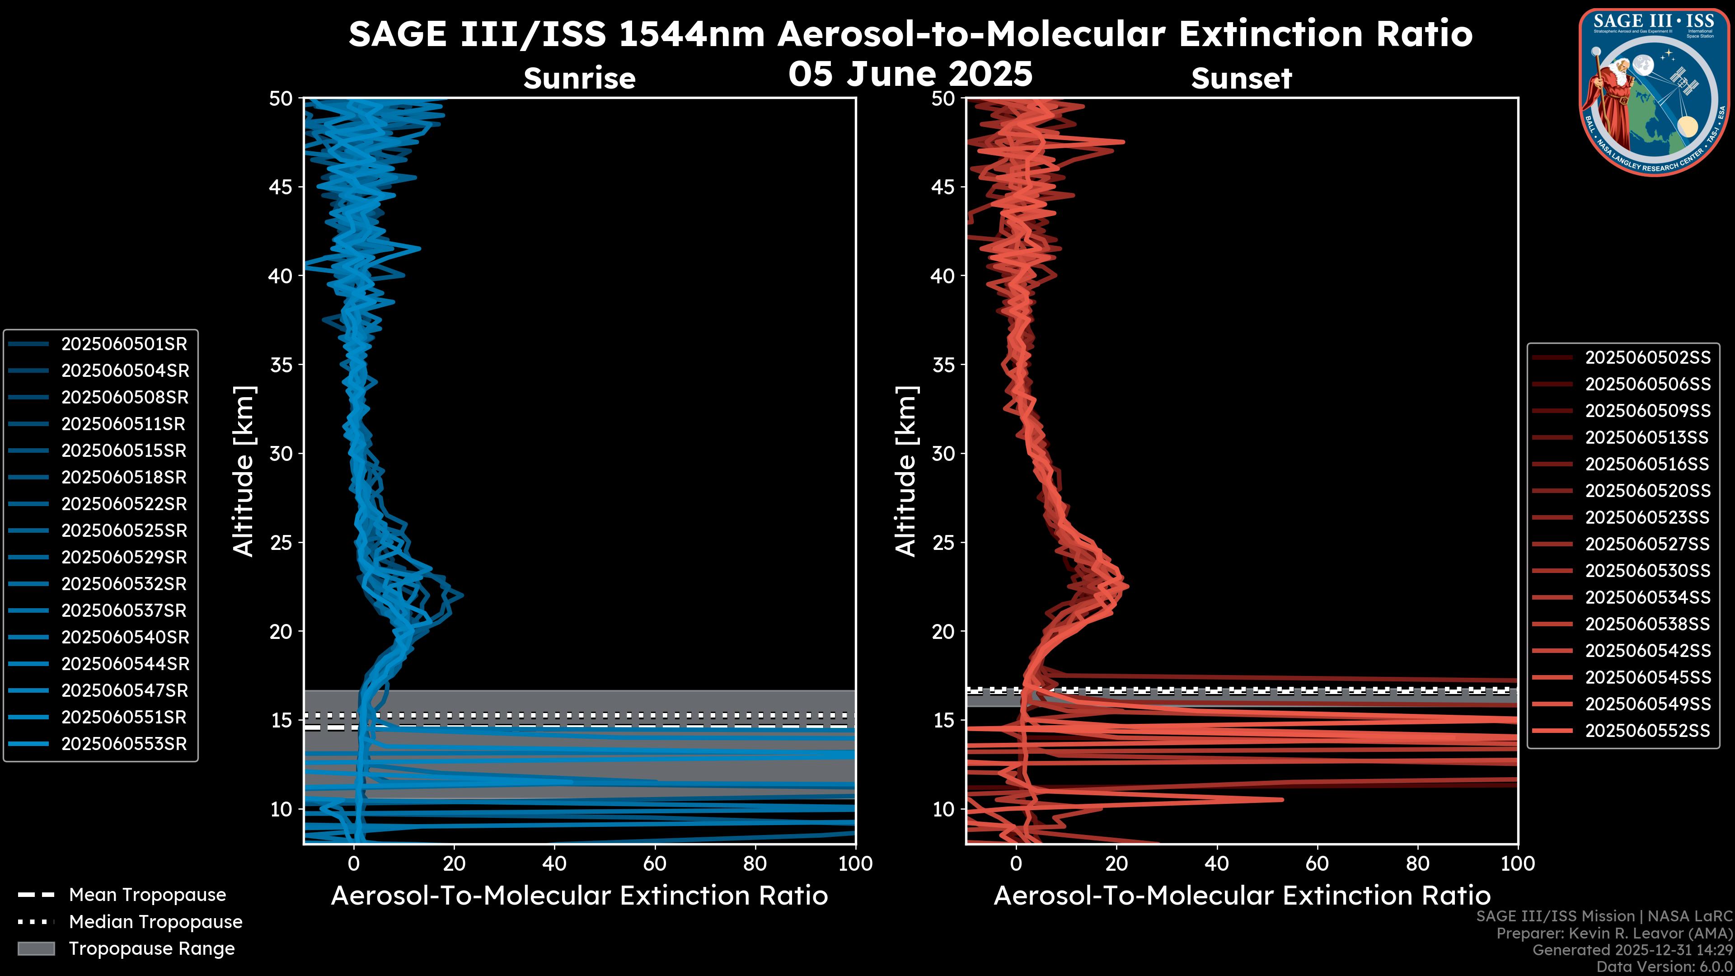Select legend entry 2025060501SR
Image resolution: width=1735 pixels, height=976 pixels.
[124, 344]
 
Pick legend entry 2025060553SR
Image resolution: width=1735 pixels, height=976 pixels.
[124, 744]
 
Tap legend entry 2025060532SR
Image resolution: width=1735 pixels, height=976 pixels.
[124, 584]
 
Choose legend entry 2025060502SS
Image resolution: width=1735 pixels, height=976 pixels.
[1647, 358]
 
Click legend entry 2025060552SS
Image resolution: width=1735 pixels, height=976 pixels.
[1647, 731]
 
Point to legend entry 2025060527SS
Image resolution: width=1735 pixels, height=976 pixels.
[1647, 544]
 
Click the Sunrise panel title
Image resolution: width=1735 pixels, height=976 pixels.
[579, 79]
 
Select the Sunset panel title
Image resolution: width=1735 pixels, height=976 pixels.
[1241, 79]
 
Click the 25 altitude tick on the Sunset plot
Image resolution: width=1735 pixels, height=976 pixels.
[943, 543]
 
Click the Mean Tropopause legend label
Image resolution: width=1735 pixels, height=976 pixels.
[147, 895]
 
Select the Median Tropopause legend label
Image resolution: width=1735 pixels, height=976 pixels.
[155, 922]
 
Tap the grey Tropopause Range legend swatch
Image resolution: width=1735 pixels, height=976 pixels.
[36, 949]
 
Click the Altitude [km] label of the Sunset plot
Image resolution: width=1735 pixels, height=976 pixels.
[906, 471]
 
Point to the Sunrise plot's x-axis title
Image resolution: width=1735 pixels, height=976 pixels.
[579, 896]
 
